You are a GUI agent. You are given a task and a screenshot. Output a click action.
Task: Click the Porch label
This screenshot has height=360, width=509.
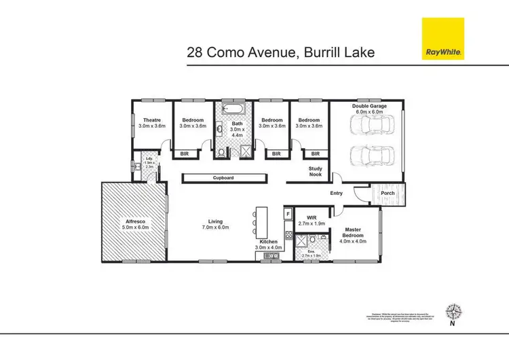388,193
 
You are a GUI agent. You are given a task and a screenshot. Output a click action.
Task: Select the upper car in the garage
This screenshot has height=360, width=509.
369,125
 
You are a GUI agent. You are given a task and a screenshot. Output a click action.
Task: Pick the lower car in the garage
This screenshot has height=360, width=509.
369,155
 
